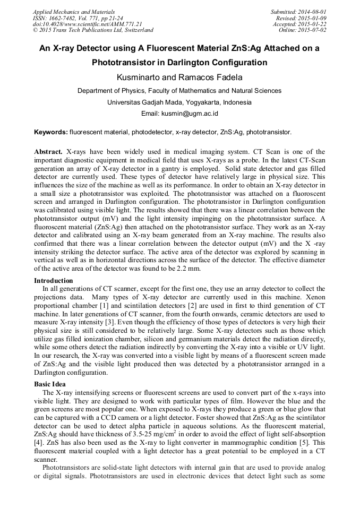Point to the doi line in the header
click(x=88, y=24)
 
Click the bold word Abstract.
click(x=49, y=151)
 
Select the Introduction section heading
click(x=54, y=280)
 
